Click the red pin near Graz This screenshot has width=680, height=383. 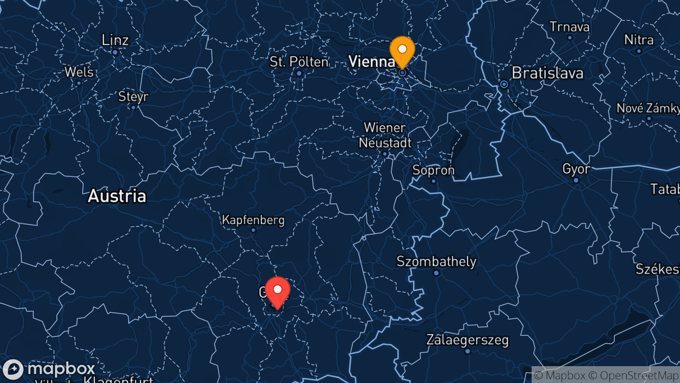pyautogui.click(x=278, y=290)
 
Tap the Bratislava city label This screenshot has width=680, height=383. pyautogui.click(x=547, y=73)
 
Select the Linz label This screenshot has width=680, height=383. pyautogui.click(x=115, y=40)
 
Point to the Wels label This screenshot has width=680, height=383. pyautogui.click(x=79, y=72)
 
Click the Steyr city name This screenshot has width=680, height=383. pyautogui.click(x=133, y=97)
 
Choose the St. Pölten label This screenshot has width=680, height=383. pyautogui.click(x=299, y=62)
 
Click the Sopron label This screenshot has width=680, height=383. pyautogui.click(x=433, y=170)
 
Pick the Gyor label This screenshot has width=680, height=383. pyautogui.click(x=576, y=168)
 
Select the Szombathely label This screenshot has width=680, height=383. pyautogui.click(x=436, y=261)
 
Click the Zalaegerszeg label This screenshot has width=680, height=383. pyautogui.click(x=467, y=340)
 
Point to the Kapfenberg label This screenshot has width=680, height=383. pyautogui.click(x=253, y=220)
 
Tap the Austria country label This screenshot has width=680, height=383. pyautogui.click(x=117, y=196)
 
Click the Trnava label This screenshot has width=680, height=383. pyautogui.click(x=569, y=27)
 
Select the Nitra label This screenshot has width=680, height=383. pyautogui.click(x=639, y=40)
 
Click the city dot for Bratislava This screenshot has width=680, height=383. pyautogui.click(x=504, y=84)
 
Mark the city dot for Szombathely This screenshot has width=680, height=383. pyautogui.click(x=436, y=273)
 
